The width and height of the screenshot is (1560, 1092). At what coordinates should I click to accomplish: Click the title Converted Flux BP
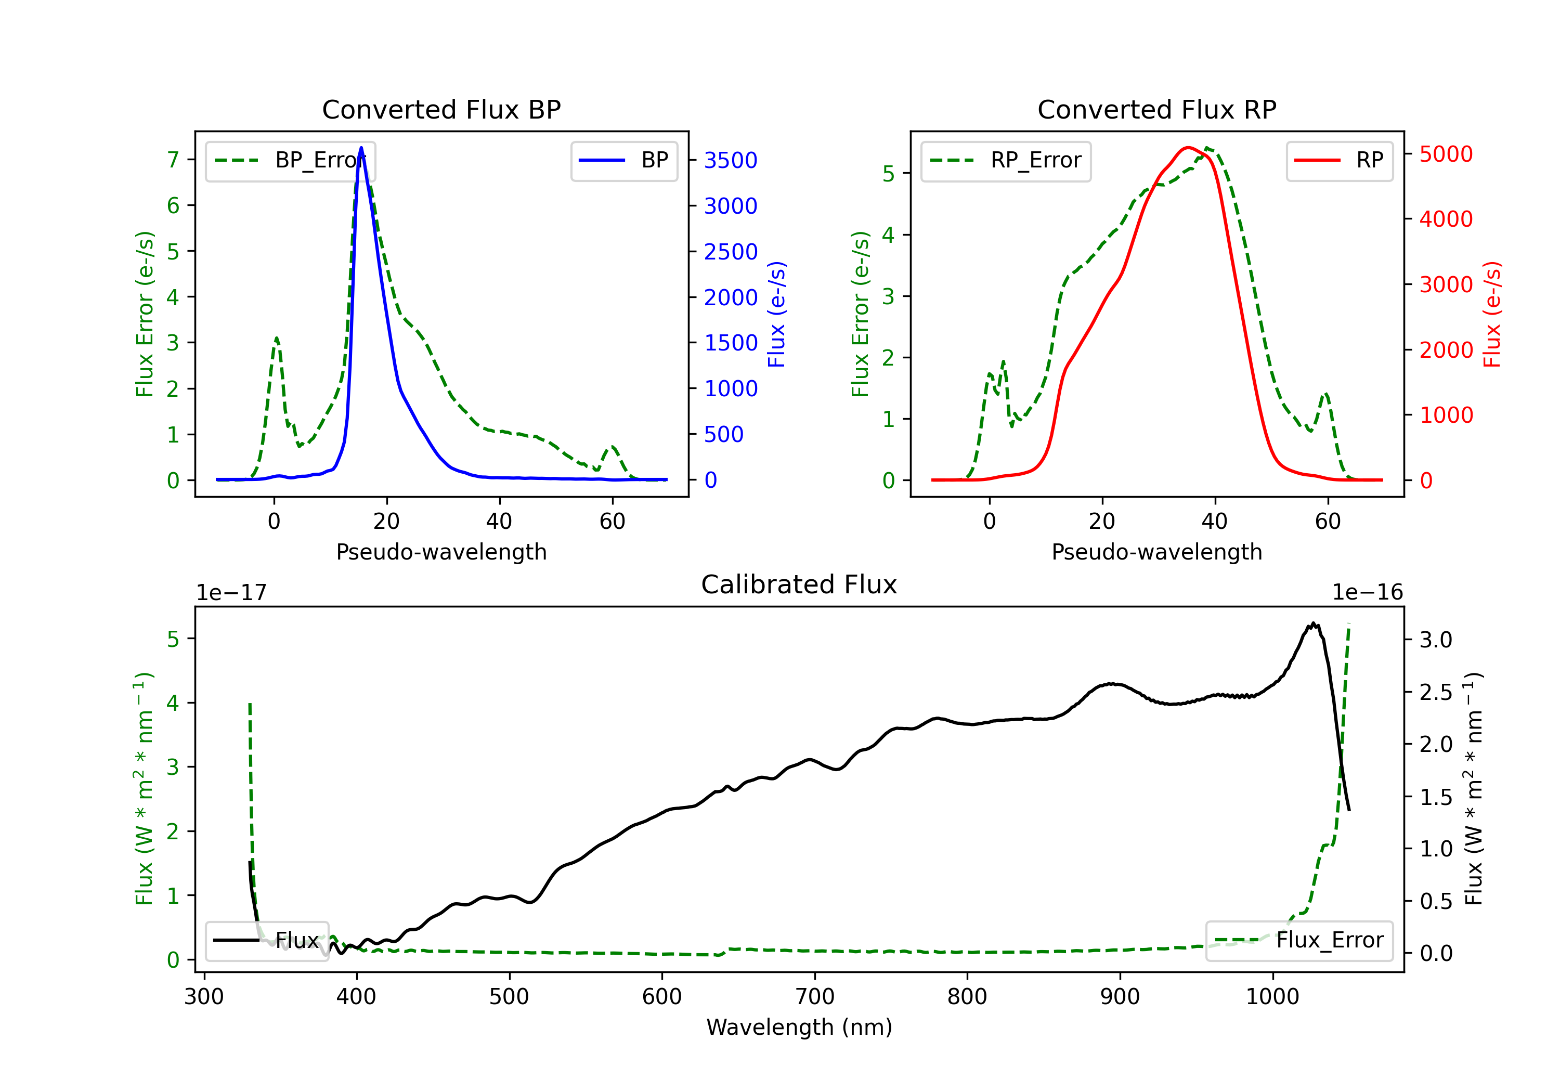pyautogui.click(x=441, y=109)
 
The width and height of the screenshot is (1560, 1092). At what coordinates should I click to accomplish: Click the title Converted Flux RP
pyautogui.click(x=1156, y=109)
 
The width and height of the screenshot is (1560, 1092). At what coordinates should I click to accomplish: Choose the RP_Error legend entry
pyautogui.click(x=1006, y=160)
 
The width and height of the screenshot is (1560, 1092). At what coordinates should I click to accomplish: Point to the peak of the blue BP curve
pyautogui.click(x=361, y=148)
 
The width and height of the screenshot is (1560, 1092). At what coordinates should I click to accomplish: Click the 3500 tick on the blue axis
pyautogui.click(x=731, y=160)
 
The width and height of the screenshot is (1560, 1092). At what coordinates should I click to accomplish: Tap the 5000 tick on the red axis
pyautogui.click(x=1446, y=154)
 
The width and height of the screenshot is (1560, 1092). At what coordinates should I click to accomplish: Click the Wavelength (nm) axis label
pyautogui.click(x=799, y=1027)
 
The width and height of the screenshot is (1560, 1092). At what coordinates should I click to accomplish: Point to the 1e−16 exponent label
pyautogui.click(x=1367, y=593)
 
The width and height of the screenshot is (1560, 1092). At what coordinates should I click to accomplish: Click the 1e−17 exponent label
pyautogui.click(x=231, y=593)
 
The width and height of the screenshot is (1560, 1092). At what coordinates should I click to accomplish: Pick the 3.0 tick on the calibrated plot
pyautogui.click(x=1436, y=640)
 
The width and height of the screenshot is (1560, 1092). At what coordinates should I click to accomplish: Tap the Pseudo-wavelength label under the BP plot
pyautogui.click(x=441, y=552)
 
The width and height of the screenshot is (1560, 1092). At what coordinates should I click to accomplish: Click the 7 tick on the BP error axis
pyautogui.click(x=173, y=160)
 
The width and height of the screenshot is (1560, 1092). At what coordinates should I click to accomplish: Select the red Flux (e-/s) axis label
pyautogui.click(x=1492, y=314)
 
